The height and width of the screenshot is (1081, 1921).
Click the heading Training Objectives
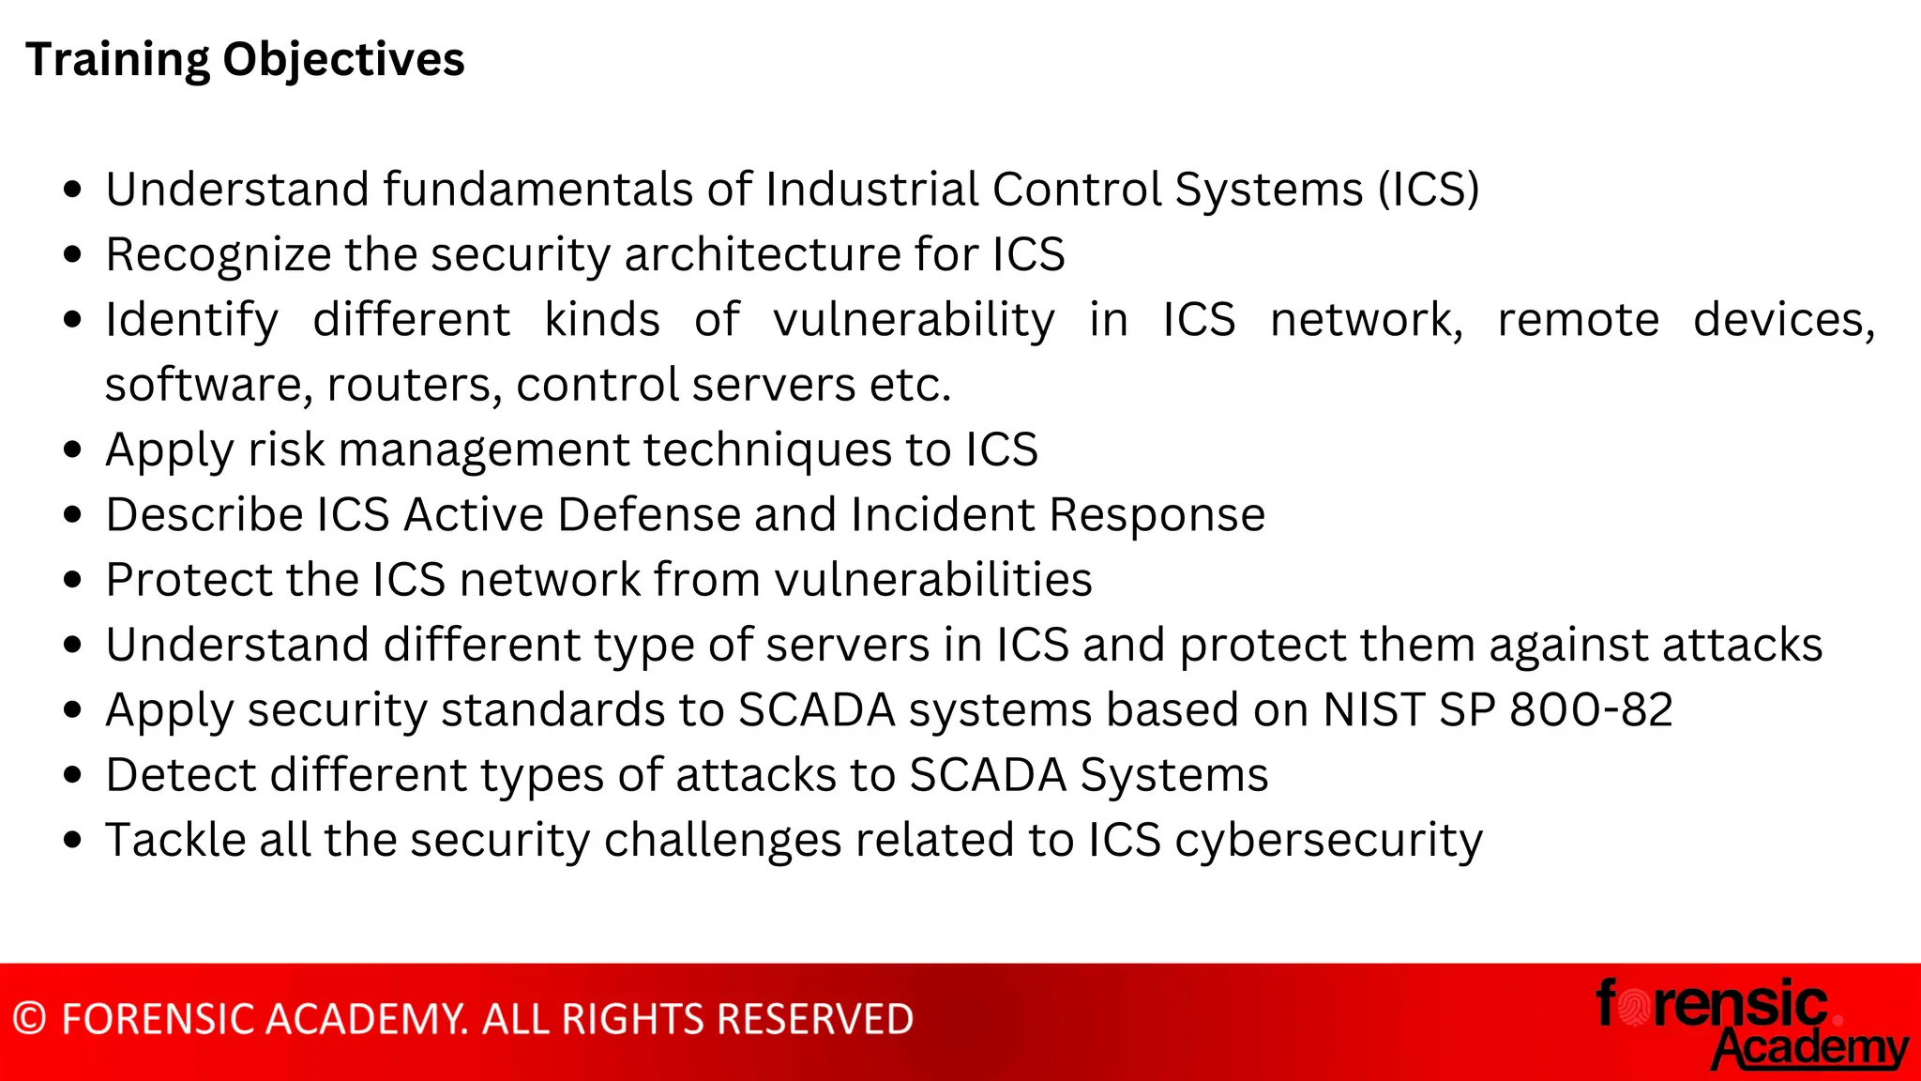[x=245, y=60]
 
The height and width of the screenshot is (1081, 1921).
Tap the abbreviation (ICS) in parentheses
[x=1428, y=190]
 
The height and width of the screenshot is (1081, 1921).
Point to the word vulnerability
[x=914, y=321]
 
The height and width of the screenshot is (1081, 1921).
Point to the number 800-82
[x=1591, y=710]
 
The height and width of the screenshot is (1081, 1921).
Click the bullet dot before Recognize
[x=73, y=255]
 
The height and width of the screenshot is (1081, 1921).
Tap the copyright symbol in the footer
[x=30, y=1019]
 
